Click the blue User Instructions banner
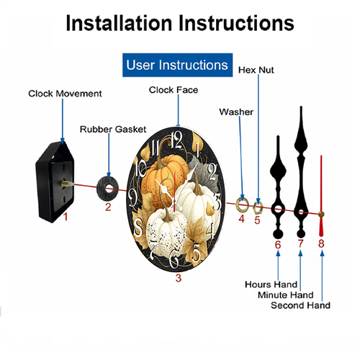[x=177, y=65]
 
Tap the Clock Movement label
[x=65, y=94]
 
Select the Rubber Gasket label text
[x=113, y=130]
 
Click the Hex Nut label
[x=256, y=70]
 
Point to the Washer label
[x=236, y=112]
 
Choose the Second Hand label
[x=300, y=305]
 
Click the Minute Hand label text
[x=286, y=294]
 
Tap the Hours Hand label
[x=271, y=284]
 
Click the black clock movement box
[x=55, y=181]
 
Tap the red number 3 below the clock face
[x=179, y=278]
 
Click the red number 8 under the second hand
[x=321, y=243]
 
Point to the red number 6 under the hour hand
[x=278, y=245]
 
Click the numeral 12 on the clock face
[x=177, y=140]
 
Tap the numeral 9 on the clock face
[x=132, y=197]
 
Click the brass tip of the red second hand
[x=321, y=215]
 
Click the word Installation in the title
[x=119, y=23]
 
